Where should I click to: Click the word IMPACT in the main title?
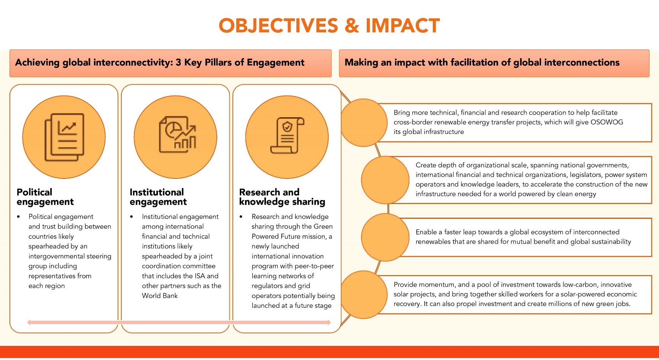[403, 25]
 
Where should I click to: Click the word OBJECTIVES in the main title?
[278, 25]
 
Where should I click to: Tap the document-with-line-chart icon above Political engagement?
[64, 137]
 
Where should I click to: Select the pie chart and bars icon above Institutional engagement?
[177, 134]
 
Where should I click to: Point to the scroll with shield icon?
[287, 135]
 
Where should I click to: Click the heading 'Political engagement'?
[45, 197]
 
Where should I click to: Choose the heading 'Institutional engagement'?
[158, 197]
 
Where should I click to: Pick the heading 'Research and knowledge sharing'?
[282, 197]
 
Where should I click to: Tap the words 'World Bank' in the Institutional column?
[160, 296]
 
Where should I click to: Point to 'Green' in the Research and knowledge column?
[323, 226]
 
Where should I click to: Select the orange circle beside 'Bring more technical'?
[364, 123]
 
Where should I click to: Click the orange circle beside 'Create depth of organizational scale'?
[385, 180]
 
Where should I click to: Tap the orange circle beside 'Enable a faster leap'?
[385, 237]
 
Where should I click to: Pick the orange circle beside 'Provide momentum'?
[364, 295]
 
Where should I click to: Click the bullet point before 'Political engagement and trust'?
[18, 217]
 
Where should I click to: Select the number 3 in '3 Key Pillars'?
[178, 62]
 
